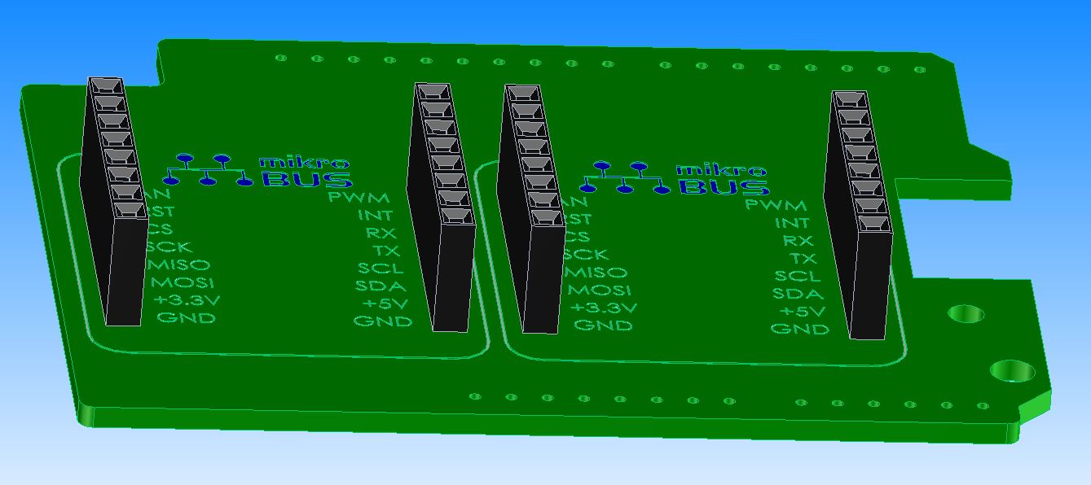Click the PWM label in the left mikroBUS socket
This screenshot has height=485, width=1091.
358,197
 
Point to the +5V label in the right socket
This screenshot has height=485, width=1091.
803,312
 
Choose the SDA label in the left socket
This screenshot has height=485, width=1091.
381,286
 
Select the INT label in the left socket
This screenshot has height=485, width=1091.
374,215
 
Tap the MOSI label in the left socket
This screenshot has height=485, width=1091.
183,282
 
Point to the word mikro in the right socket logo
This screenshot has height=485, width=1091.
721,171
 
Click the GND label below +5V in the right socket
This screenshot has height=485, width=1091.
800,329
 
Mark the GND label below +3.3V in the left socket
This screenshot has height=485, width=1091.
187,317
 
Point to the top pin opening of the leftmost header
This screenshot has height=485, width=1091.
106,86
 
